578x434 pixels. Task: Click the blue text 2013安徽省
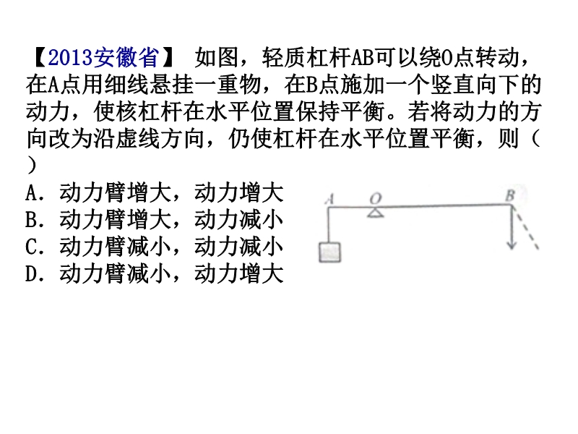(x=103, y=58)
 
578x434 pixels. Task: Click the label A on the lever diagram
(x=330, y=200)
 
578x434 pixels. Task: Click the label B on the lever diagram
(x=511, y=195)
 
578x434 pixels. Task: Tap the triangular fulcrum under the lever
(x=375, y=213)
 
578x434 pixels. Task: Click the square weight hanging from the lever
(x=330, y=252)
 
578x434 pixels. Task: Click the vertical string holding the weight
(x=329, y=225)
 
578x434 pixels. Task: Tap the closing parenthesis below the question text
(x=32, y=166)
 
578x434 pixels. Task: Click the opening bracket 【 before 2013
(x=40, y=58)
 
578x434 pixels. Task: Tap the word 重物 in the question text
(x=239, y=85)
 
